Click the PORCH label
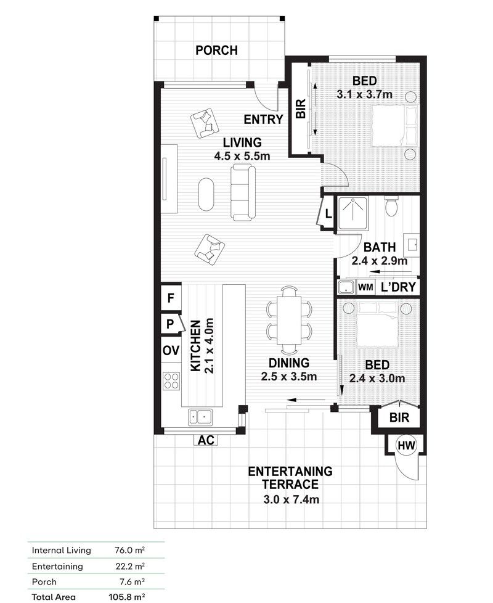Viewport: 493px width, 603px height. pyautogui.click(x=216, y=51)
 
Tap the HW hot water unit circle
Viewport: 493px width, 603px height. pyautogui.click(x=407, y=445)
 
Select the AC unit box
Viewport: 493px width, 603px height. pyautogui.click(x=206, y=440)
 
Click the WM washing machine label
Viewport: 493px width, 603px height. pyautogui.click(x=365, y=287)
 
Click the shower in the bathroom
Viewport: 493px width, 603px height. pyautogui.click(x=352, y=214)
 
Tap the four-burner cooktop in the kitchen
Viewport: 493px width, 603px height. pyautogui.click(x=171, y=380)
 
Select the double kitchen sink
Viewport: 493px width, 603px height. pyautogui.click(x=200, y=417)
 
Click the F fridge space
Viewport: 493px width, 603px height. pyautogui.click(x=170, y=298)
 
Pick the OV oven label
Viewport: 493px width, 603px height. pyautogui.click(x=171, y=351)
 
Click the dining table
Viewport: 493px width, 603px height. pyautogui.click(x=290, y=321)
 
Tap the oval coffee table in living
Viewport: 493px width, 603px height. pyautogui.click(x=206, y=194)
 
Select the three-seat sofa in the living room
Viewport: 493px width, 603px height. pyautogui.click(x=243, y=192)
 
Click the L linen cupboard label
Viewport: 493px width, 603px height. pyautogui.click(x=328, y=214)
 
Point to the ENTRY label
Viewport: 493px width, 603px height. pyautogui.click(x=263, y=120)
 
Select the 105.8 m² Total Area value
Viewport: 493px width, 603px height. pyautogui.click(x=126, y=597)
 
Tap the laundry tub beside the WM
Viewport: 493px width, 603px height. pyautogui.click(x=346, y=287)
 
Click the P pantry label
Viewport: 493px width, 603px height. pyautogui.click(x=170, y=324)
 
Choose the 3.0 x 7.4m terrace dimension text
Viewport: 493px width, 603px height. pyautogui.click(x=291, y=500)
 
